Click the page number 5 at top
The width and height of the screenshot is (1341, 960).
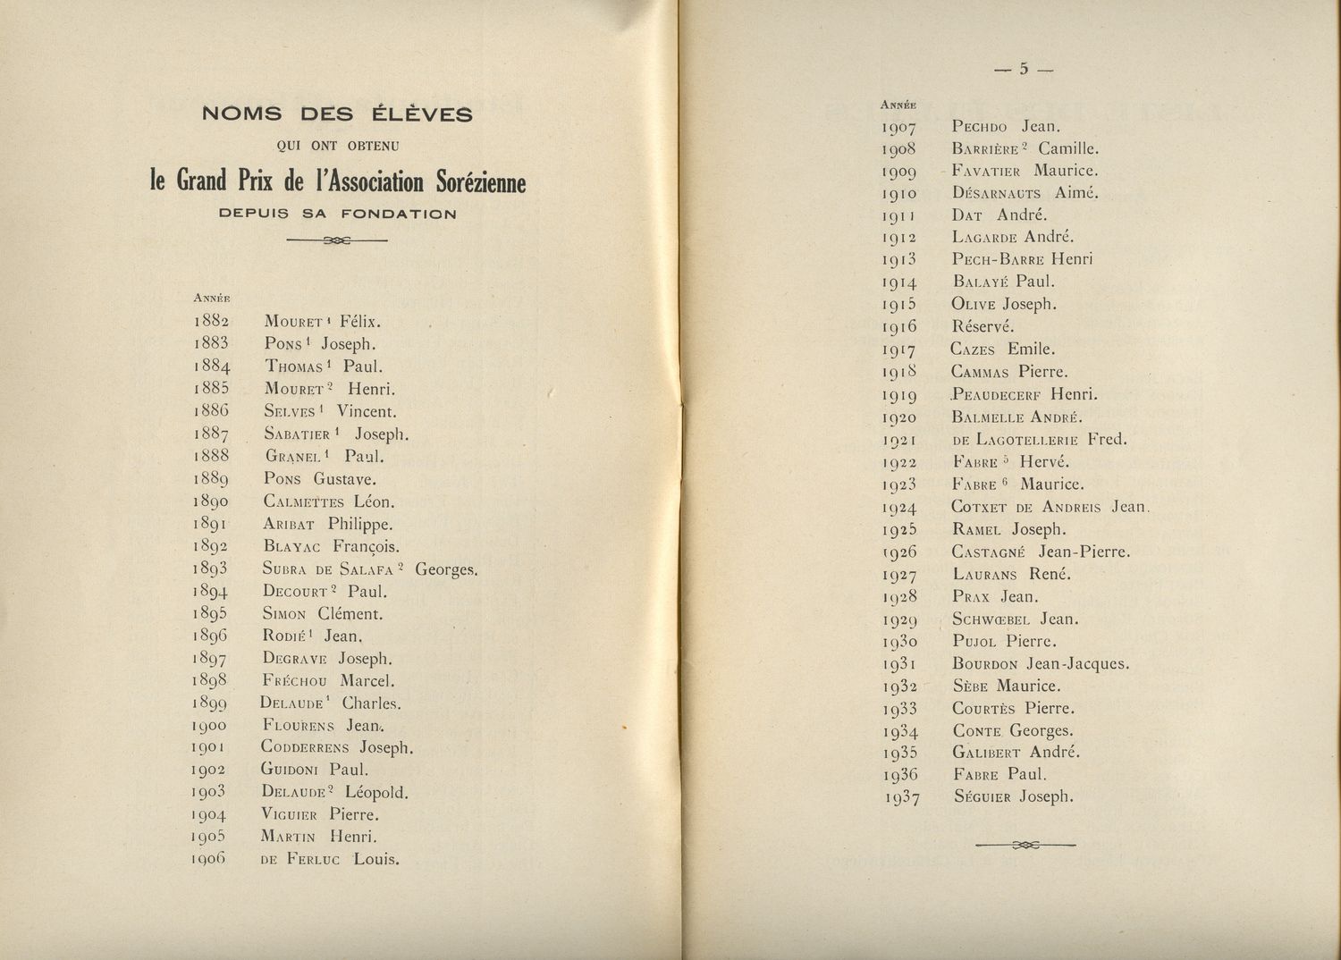[1025, 69]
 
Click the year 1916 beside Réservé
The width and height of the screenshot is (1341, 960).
[899, 327]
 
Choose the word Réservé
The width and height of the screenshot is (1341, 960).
[983, 326]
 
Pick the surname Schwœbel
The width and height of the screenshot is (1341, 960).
[991, 619]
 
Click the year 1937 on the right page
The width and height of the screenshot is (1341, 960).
[901, 798]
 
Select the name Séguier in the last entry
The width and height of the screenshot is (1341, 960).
[982, 797]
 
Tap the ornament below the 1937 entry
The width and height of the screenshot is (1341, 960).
[1025, 845]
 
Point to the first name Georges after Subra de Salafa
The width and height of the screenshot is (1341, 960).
[446, 568]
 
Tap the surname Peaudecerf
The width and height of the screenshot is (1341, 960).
[997, 394]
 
